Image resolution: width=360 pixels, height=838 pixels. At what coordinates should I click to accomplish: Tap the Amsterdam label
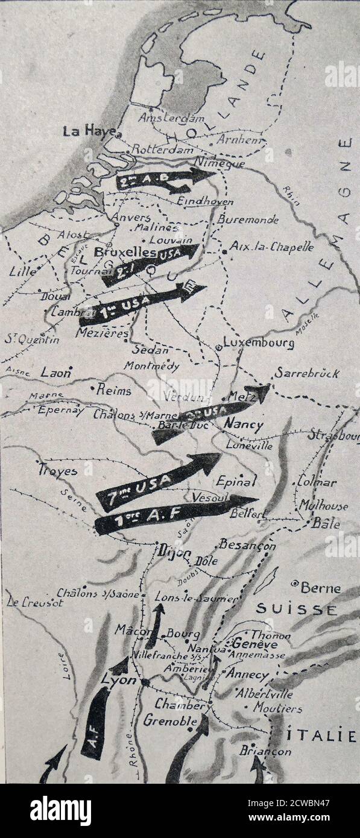[x=172, y=118]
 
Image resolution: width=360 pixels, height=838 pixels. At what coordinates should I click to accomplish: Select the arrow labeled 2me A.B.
[x=164, y=178]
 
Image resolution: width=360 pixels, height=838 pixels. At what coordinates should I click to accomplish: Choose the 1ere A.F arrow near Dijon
[x=175, y=512]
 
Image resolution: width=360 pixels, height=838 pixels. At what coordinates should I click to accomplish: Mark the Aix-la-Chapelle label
[x=272, y=247]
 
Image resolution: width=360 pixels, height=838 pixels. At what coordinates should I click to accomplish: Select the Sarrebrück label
[x=307, y=373]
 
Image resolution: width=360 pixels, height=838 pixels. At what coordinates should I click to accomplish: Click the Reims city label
[x=115, y=390]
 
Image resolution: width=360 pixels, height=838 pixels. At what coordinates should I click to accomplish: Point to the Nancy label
[x=243, y=424]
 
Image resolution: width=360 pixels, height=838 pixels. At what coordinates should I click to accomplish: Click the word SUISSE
[x=297, y=609]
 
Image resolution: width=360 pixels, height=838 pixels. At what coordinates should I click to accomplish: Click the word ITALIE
[x=329, y=735]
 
